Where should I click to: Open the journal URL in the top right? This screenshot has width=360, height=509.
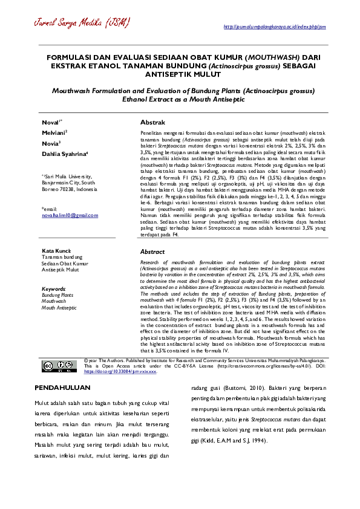pos(275,27)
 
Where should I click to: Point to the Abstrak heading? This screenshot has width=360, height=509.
pos(153,122)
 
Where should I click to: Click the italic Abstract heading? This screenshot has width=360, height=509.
pos(152,251)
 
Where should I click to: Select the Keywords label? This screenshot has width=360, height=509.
pos(54,289)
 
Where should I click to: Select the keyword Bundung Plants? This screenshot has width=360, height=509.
pos(57,295)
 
